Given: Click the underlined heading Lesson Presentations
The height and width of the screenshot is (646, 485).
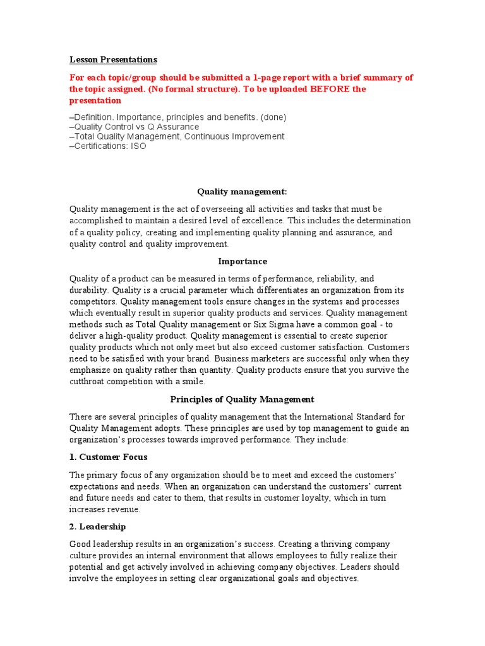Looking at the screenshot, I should pos(113,60).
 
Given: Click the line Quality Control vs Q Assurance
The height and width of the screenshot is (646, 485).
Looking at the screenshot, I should pos(134,127).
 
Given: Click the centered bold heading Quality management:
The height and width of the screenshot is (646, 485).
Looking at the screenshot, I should pos(242,191).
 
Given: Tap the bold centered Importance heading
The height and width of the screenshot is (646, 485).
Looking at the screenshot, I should pos(242,261).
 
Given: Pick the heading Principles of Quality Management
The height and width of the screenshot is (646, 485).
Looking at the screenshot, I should pos(242,399).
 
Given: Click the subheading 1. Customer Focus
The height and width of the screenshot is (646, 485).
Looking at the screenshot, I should pos(109,457).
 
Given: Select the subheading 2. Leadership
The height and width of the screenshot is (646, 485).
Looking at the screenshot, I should pos(97,526).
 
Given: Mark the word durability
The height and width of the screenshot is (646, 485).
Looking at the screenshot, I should pos(89,290).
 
